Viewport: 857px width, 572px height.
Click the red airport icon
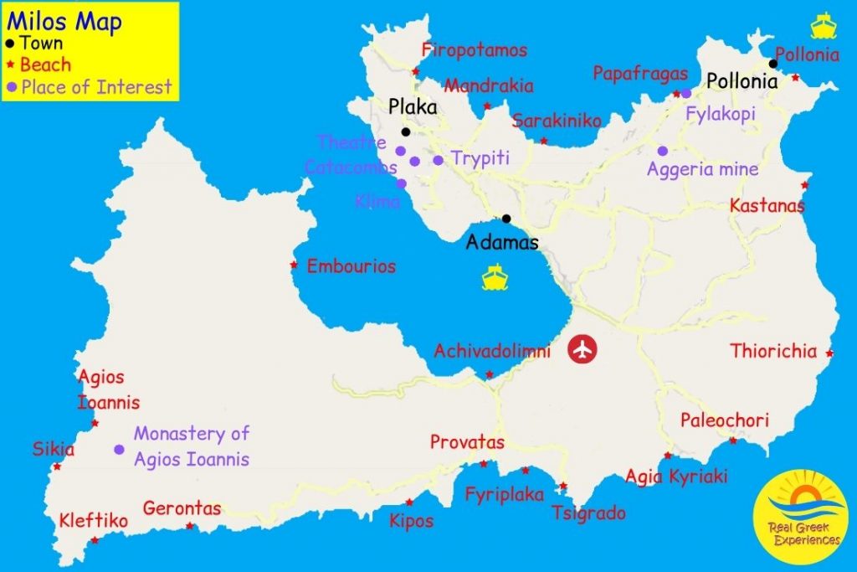[x=584, y=349]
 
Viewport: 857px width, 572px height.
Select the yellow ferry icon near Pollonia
[x=824, y=25]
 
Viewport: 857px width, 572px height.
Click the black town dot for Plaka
[x=406, y=131]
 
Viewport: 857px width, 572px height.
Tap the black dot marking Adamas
[x=506, y=219]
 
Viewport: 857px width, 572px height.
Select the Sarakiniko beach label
[x=557, y=121]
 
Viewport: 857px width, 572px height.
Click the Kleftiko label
[x=94, y=521]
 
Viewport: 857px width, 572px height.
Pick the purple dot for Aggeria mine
[x=662, y=151]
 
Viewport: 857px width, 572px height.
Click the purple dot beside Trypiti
[x=438, y=159]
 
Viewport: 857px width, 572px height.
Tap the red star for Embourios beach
[x=294, y=265]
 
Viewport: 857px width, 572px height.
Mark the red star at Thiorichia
[x=829, y=353]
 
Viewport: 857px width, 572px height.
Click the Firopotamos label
[x=475, y=50]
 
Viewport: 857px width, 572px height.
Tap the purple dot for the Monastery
[x=119, y=450]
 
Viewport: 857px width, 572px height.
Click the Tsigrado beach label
[x=588, y=513]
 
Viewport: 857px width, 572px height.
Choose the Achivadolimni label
[x=492, y=352]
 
